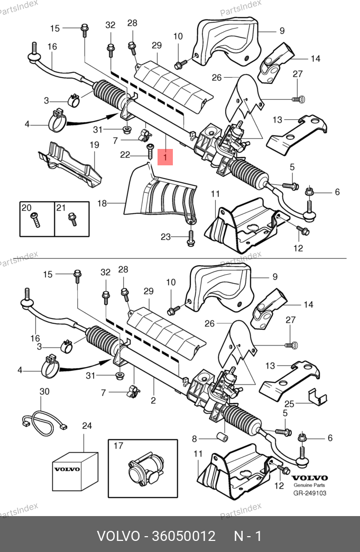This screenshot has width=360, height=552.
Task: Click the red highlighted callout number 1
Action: (x=165, y=157)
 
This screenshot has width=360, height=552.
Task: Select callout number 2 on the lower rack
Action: (x=153, y=400)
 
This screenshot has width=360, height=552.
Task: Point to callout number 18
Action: (x=102, y=203)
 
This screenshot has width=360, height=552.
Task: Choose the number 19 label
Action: (x=94, y=145)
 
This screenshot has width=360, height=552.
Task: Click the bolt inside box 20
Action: (x=35, y=220)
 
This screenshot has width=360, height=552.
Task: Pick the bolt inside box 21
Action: (x=72, y=219)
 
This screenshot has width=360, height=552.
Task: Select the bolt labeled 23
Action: (x=190, y=238)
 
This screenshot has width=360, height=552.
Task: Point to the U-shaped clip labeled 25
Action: (x=317, y=397)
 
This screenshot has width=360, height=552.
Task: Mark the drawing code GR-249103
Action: (x=310, y=493)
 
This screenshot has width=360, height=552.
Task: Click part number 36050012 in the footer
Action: (x=183, y=536)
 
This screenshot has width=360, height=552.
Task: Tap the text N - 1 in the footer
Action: (x=248, y=536)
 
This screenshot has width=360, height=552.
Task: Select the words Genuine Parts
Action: (x=310, y=485)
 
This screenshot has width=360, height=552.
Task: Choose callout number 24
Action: (x=87, y=426)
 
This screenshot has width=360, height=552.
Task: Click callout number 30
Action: (x=45, y=391)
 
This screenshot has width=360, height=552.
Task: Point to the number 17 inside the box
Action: (x=118, y=446)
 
